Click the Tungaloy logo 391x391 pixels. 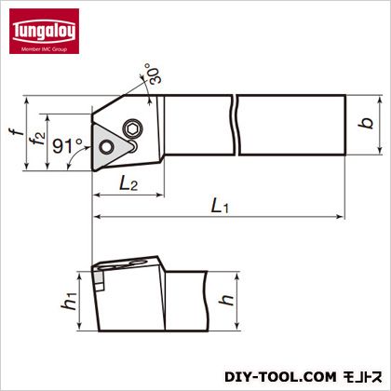[44, 31]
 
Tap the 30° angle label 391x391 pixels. [154, 74]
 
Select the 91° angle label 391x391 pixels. [67, 146]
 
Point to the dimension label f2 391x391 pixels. [38, 138]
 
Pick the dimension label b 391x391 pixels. [366, 124]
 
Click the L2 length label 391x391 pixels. [128, 183]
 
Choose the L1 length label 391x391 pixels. [220, 206]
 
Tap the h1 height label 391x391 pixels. [69, 301]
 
